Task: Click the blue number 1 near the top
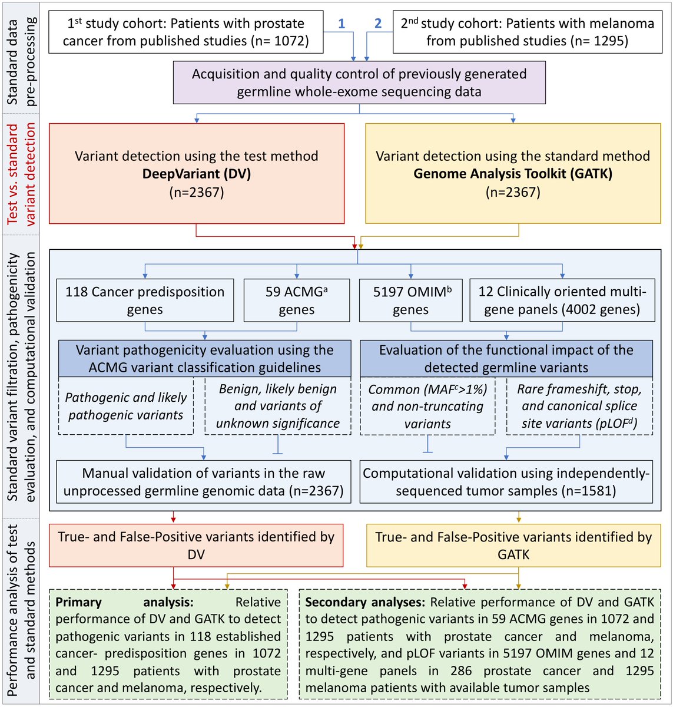[x=341, y=24]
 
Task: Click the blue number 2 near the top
[x=378, y=24]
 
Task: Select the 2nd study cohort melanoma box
[x=527, y=32]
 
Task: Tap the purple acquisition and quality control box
[x=359, y=83]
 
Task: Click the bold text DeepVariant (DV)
[x=196, y=174]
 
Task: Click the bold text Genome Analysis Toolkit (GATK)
[x=513, y=174]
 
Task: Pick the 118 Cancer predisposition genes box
[x=145, y=300]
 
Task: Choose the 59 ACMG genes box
[x=296, y=300]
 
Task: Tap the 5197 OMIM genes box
[x=410, y=300]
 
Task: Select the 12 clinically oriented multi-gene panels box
[x=562, y=300]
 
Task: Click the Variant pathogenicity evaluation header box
[x=204, y=358]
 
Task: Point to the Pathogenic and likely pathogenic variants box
[x=126, y=406]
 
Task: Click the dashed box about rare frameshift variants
[x=579, y=406]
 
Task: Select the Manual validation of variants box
[x=204, y=482]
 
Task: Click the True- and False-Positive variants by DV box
[x=196, y=545]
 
